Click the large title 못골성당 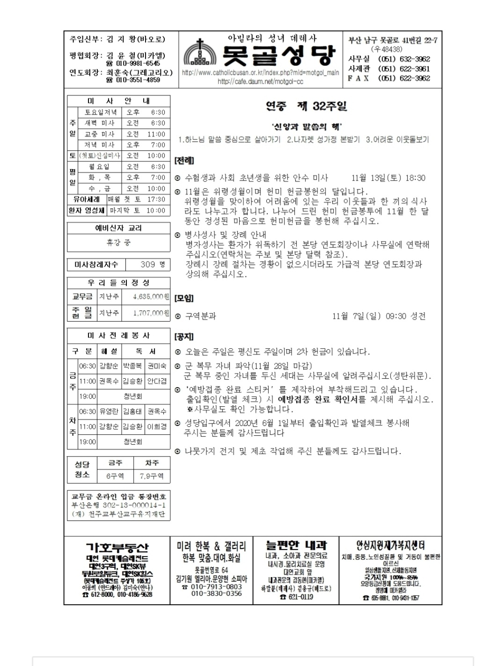click(x=279, y=56)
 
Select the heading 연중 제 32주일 click(x=307, y=106)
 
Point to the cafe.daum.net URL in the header click(x=260, y=81)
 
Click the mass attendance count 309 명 click(x=153, y=264)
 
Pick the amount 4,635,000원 click(x=150, y=297)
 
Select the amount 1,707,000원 click(x=150, y=313)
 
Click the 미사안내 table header click(x=118, y=101)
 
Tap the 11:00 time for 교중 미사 click(x=156, y=134)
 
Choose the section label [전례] click(x=184, y=161)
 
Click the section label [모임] click(x=184, y=298)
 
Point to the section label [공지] click(x=184, y=337)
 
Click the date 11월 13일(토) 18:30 click(x=388, y=178)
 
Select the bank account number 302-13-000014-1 click(x=134, y=505)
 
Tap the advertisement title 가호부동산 click(x=117, y=547)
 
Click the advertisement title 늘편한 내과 click(x=296, y=545)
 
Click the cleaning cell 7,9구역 click(x=152, y=476)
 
